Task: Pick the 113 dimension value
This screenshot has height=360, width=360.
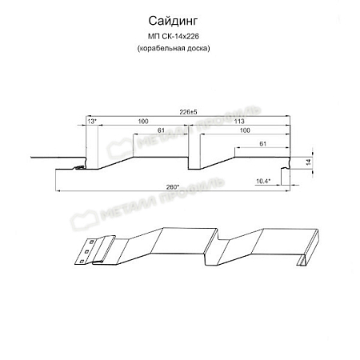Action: (x=239, y=120)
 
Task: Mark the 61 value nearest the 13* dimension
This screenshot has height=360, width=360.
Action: (x=162, y=130)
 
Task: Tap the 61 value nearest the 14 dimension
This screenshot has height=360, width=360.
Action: (x=262, y=145)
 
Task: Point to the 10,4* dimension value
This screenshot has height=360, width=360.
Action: (x=261, y=182)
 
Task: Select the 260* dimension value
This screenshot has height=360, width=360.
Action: (x=171, y=187)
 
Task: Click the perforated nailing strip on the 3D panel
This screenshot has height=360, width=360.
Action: (x=86, y=251)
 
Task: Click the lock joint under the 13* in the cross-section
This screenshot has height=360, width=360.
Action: (x=80, y=167)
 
